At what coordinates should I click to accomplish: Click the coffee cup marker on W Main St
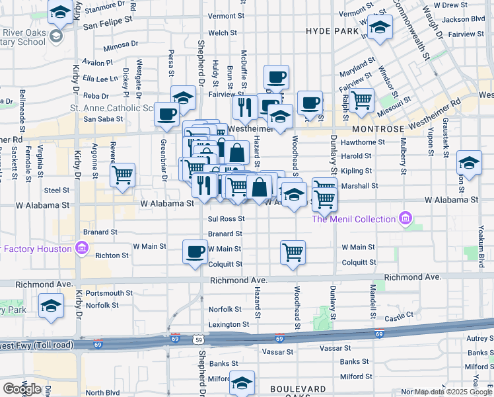click(195, 251)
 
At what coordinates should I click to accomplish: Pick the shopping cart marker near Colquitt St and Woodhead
click(293, 251)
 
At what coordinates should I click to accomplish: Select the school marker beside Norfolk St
click(50, 306)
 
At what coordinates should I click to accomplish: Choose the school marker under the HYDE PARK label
click(380, 28)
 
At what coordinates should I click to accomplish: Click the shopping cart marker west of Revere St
click(122, 175)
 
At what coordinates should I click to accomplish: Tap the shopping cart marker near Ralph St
click(361, 100)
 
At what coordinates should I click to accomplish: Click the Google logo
click(22, 388)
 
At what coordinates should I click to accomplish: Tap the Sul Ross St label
click(227, 218)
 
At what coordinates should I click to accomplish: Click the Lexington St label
click(229, 325)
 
